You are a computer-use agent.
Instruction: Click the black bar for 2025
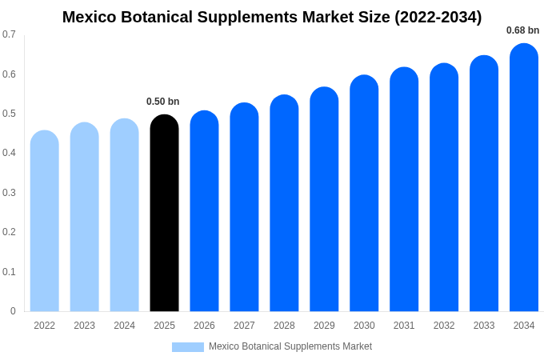pos(164,216)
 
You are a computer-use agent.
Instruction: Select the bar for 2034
pos(524,180)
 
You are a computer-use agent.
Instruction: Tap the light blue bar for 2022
pos(45,224)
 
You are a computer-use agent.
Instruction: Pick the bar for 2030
pos(364,196)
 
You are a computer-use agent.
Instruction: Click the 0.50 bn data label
pos(162,102)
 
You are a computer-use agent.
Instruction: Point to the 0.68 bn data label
pos(522,30)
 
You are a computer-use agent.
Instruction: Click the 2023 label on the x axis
pos(84,326)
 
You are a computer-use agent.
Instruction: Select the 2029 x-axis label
pos(324,326)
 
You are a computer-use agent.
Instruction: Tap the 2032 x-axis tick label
pos(444,326)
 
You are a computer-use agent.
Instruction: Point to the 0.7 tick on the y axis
pos(9,34)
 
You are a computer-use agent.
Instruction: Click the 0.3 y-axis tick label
pos(9,193)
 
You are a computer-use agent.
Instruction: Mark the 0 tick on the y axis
pos(13,311)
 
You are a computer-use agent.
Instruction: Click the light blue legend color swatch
pos(188,347)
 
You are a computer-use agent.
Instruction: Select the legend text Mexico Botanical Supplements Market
pos(290,346)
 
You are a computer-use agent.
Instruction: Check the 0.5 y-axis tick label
pos(9,114)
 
